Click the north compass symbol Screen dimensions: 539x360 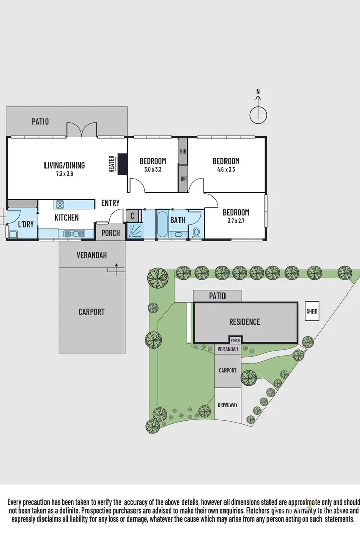[x=258, y=114]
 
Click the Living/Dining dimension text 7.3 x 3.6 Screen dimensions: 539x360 [x=64, y=174]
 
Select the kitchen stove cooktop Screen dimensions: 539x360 [x=60, y=204]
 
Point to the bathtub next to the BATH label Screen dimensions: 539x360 [x=162, y=225]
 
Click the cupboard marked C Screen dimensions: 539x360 [x=132, y=215]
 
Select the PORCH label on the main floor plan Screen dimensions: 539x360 [x=111, y=233]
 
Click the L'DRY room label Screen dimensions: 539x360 [x=26, y=224]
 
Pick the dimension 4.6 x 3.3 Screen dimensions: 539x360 [x=226, y=170]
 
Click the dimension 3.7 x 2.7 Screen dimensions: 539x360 [x=236, y=220]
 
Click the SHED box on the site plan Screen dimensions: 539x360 [x=312, y=312]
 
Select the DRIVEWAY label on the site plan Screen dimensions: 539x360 [x=228, y=405]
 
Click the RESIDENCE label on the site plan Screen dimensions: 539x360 [x=245, y=322]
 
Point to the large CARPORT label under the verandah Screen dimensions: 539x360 [x=92, y=312]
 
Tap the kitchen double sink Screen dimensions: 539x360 [x=74, y=233]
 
